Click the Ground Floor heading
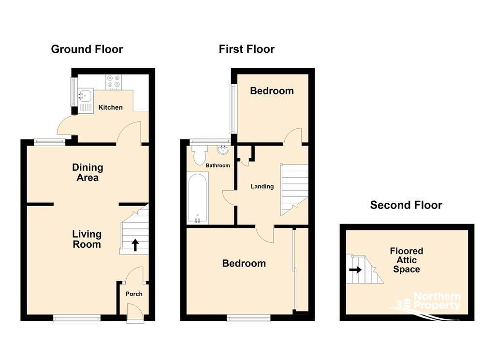point(87,49)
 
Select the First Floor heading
point(247,49)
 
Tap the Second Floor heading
point(406,205)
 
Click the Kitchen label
point(111,107)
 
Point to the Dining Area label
point(87,173)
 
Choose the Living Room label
point(87,239)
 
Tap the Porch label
point(134,294)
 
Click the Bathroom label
point(218,165)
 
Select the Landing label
point(262,186)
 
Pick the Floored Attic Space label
point(406,260)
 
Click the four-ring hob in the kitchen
point(114,82)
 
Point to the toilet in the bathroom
point(199,155)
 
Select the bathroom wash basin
point(223,150)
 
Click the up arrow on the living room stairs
point(135,245)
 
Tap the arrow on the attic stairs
point(355,270)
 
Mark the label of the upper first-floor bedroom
point(272,91)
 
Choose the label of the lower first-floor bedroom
point(244,264)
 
